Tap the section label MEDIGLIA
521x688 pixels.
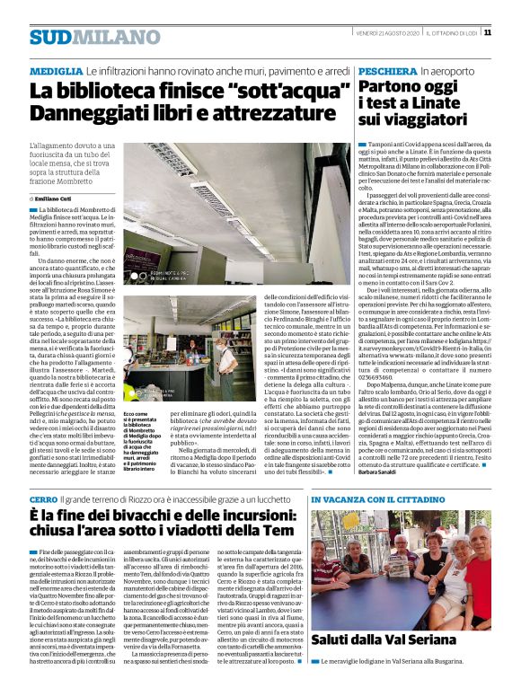[53, 70]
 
